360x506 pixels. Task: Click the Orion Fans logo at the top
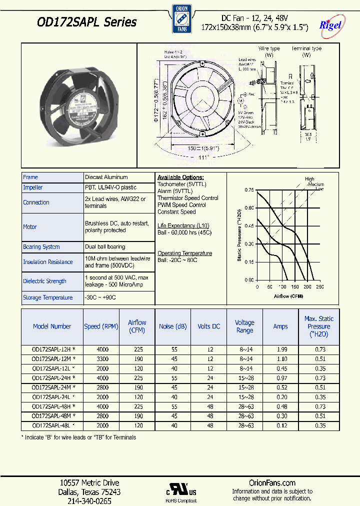(179, 19)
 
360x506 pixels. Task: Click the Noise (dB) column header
(173, 326)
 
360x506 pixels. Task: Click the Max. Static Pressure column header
(318, 326)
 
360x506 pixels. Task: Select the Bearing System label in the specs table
(41, 247)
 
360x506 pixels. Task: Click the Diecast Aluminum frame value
(106, 177)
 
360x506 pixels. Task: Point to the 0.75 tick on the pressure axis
(249, 190)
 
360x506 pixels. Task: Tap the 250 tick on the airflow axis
(320, 287)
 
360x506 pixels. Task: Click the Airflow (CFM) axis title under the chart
(288, 296)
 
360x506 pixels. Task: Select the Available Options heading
(180, 177)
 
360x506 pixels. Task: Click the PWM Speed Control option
(181, 205)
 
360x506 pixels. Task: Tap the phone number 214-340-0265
(90, 500)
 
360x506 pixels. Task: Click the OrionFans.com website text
(272, 483)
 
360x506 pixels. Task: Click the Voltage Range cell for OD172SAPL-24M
(244, 387)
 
